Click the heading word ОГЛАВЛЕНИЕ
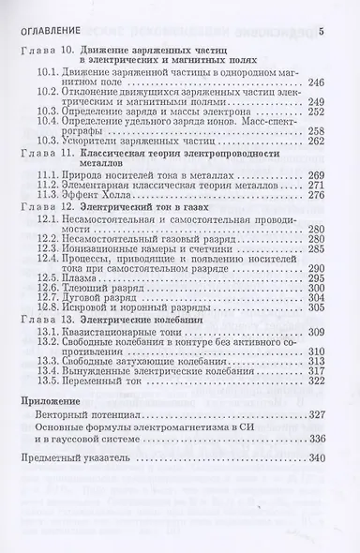click(49, 34)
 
